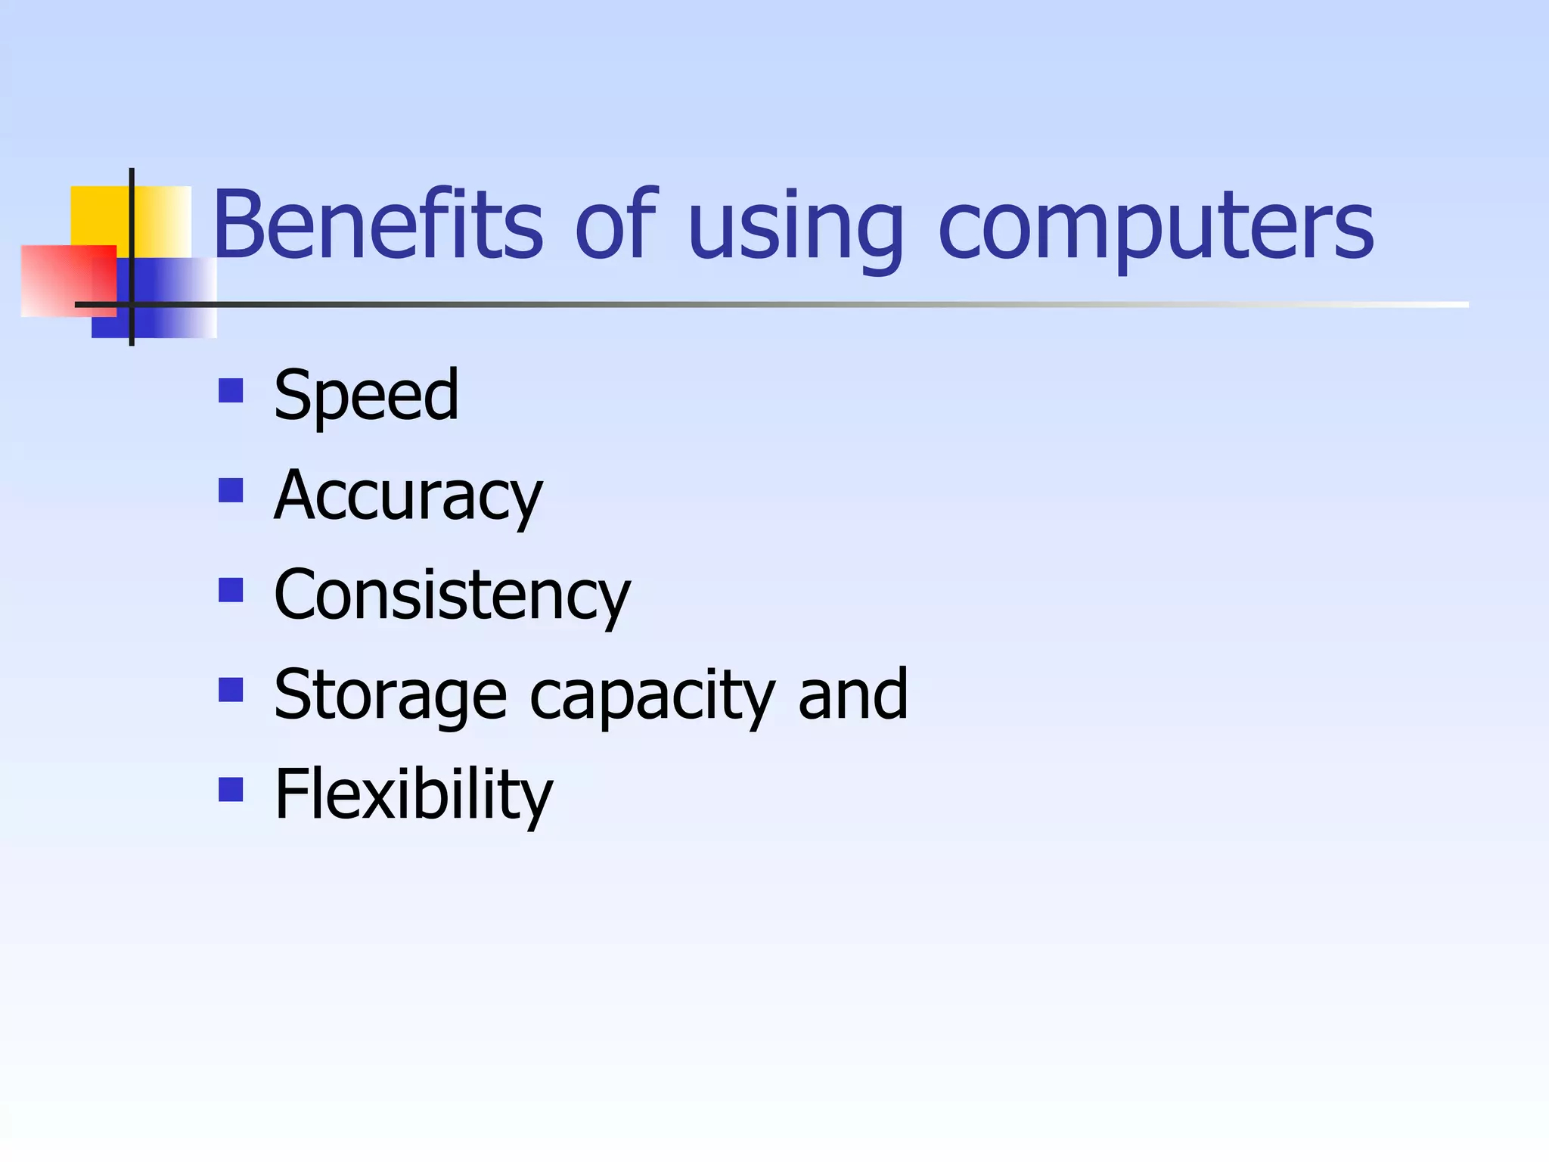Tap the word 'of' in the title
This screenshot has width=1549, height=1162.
[616, 225]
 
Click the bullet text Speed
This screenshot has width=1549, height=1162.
[366, 395]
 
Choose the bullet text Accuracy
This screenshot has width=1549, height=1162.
[408, 496]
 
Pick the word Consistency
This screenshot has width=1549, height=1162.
[452, 596]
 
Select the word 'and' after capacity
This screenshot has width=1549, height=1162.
[853, 694]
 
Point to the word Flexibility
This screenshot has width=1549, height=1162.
[414, 795]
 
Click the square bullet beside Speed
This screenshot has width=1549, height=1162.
[231, 390]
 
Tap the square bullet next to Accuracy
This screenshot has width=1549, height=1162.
[231, 490]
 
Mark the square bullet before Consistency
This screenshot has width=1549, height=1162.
[231, 590]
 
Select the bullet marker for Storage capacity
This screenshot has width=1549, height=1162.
[231, 690]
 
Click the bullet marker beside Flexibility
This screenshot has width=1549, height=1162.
[231, 790]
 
